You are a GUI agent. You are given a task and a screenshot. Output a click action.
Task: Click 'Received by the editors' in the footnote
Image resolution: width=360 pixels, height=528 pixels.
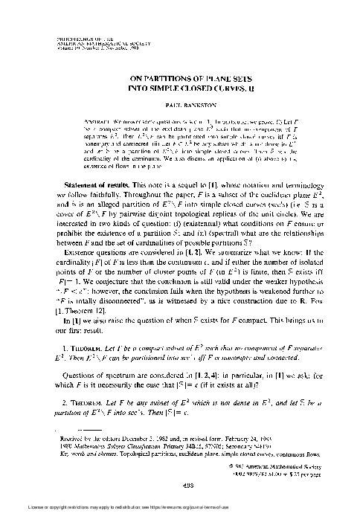(x=78, y=438)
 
